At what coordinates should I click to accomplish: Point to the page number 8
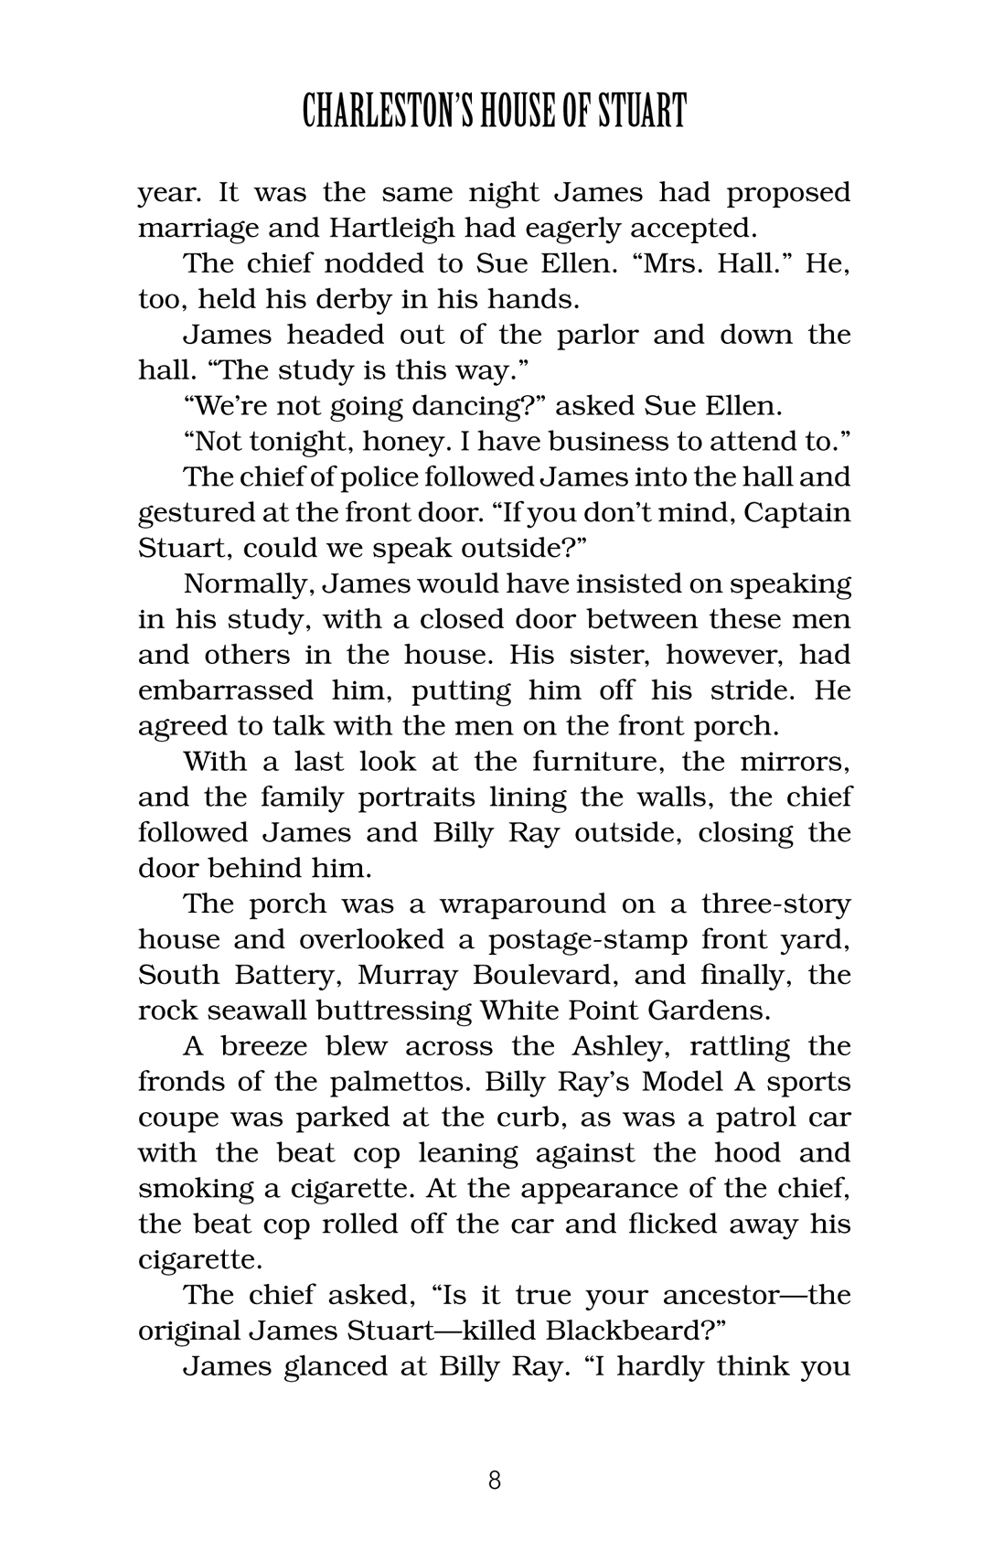[x=495, y=1480]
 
